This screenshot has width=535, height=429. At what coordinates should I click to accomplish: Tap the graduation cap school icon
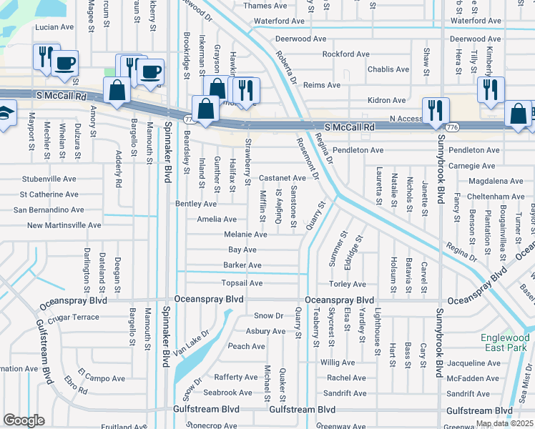tap(4, 114)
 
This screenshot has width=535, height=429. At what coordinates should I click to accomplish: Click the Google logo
tap(24, 420)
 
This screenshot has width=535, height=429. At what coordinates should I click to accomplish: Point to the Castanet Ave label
tap(282, 178)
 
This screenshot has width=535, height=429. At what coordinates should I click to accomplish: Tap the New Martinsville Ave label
tap(64, 225)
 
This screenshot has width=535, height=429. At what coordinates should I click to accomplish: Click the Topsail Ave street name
tap(242, 283)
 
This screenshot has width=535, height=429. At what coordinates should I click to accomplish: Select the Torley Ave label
tap(348, 284)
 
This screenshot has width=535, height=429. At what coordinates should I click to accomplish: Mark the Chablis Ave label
tap(388, 69)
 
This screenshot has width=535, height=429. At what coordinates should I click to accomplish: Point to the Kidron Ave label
tap(386, 101)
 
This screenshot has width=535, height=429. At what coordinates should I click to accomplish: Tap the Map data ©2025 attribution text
tap(504, 423)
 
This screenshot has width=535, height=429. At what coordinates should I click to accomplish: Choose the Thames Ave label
tap(265, 6)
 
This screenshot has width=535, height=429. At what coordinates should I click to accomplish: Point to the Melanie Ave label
tap(245, 235)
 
